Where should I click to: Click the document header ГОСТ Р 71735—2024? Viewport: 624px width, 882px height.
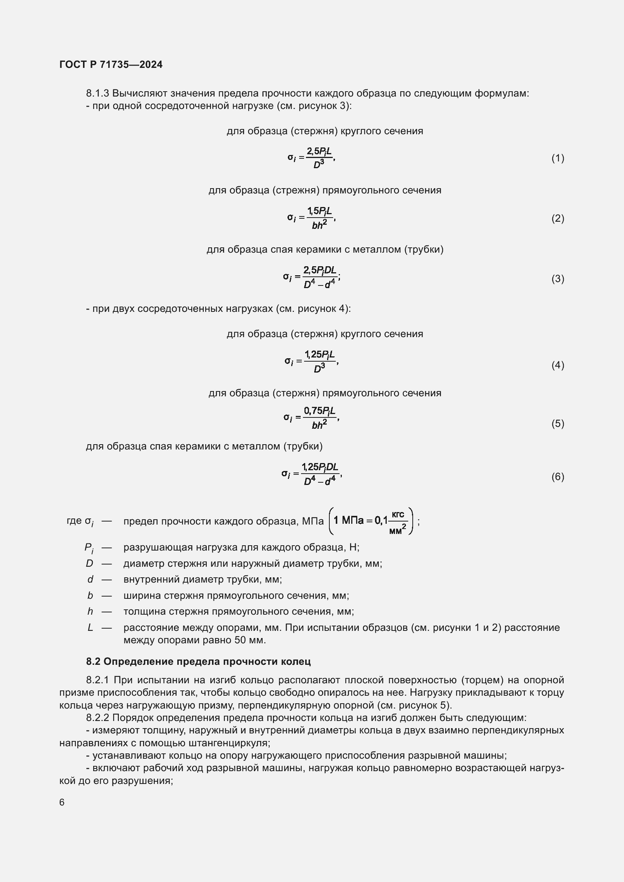click(111, 64)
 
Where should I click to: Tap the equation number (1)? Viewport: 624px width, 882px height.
click(558, 158)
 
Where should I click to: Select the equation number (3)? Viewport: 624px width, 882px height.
click(558, 279)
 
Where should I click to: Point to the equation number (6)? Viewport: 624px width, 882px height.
click(558, 477)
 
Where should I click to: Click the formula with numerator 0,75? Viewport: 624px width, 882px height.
click(311, 417)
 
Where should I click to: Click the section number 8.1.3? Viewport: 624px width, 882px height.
click(98, 94)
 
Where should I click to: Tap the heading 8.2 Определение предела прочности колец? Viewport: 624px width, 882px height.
click(198, 661)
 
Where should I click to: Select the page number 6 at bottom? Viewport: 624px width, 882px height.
click(62, 802)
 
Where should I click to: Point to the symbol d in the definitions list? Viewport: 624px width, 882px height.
click(90, 579)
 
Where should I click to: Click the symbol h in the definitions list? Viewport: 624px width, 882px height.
click(90, 611)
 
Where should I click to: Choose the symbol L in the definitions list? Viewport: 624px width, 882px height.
click(90, 627)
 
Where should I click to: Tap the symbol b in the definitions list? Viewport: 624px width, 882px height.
click(90, 595)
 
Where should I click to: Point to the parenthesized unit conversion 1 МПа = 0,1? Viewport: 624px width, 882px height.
click(371, 521)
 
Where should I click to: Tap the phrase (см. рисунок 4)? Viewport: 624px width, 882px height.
click(312, 308)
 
